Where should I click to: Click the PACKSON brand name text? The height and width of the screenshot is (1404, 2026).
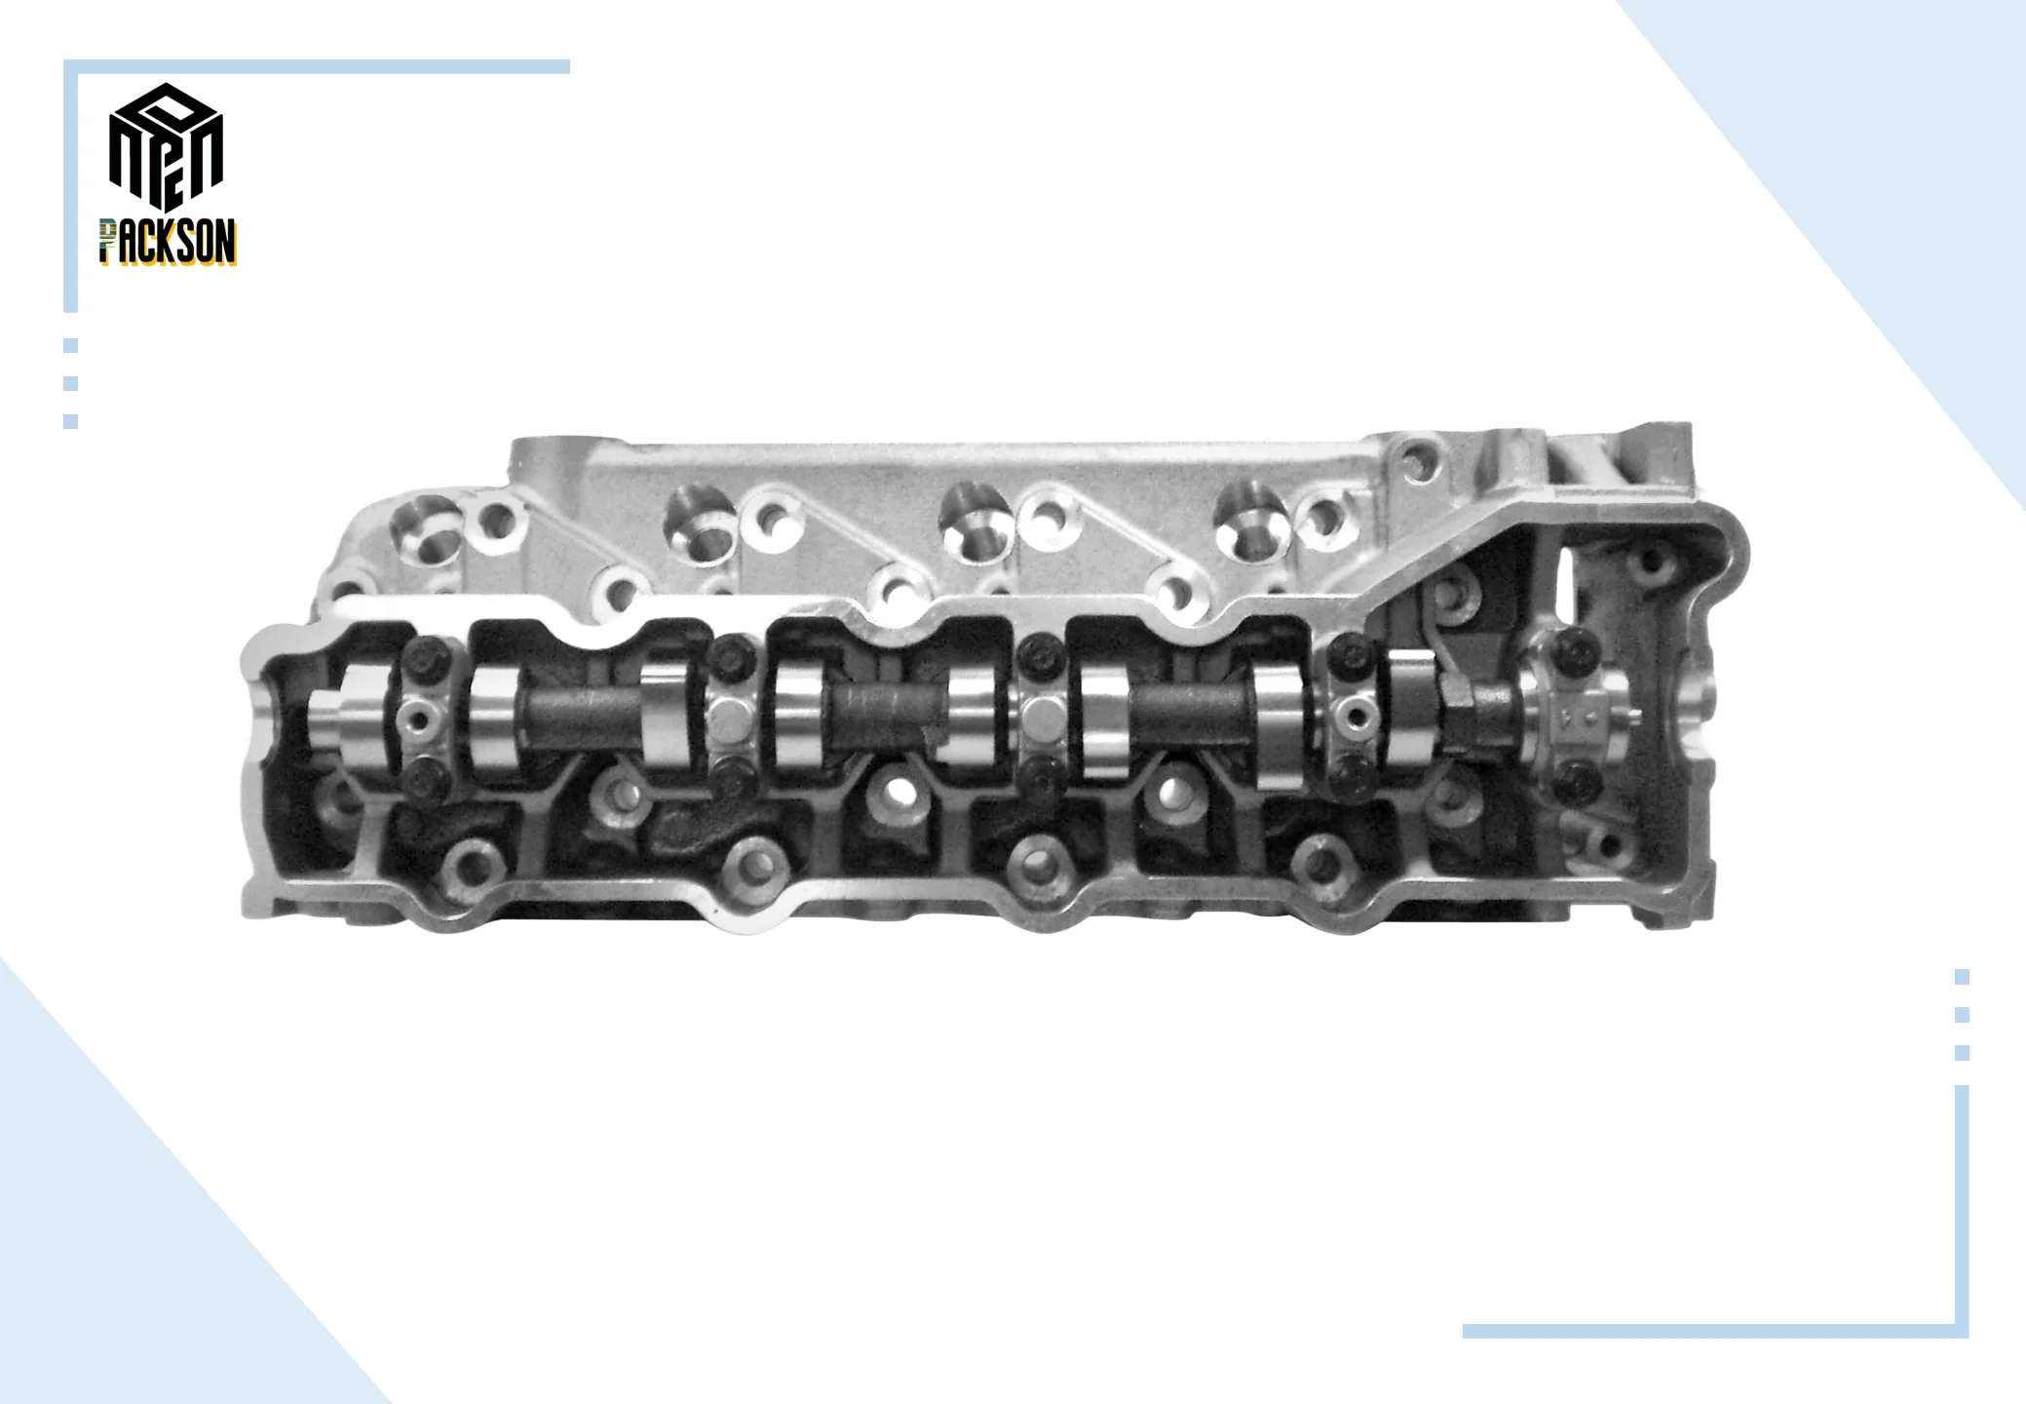click(168, 243)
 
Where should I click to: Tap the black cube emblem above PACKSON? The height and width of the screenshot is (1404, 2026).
click(166, 146)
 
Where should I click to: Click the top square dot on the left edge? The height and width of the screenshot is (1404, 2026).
click(70, 345)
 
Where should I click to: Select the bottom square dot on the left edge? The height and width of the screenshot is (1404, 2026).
click(70, 421)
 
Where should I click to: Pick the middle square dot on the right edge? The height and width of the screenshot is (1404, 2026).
click(1962, 1015)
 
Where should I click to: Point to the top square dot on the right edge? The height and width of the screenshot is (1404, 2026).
click(1962, 977)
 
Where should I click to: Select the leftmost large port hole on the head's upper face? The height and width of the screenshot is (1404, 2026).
click(425, 527)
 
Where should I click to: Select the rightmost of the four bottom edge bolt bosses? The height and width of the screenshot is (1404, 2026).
click(1319, 861)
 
